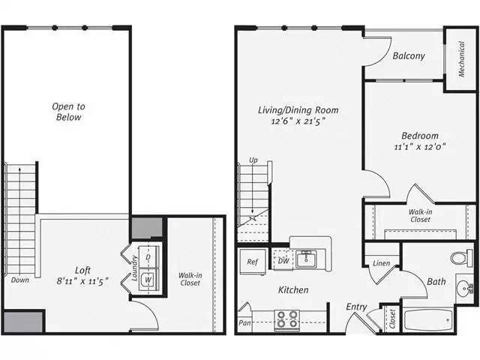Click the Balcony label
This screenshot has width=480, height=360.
(408, 55)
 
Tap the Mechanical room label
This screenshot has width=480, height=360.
(461, 60)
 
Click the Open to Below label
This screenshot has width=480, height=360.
(67, 112)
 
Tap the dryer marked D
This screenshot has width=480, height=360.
(148, 257)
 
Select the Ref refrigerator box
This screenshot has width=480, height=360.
(253, 262)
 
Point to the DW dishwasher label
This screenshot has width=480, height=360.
(283, 260)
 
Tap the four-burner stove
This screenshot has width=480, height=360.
(286, 319)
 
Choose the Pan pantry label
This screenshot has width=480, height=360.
(244, 324)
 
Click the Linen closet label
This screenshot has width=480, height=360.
(380, 262)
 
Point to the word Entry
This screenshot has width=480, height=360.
(356, 307)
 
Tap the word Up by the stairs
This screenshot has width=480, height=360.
(253, 160)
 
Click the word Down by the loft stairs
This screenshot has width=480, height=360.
(20, 280)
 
